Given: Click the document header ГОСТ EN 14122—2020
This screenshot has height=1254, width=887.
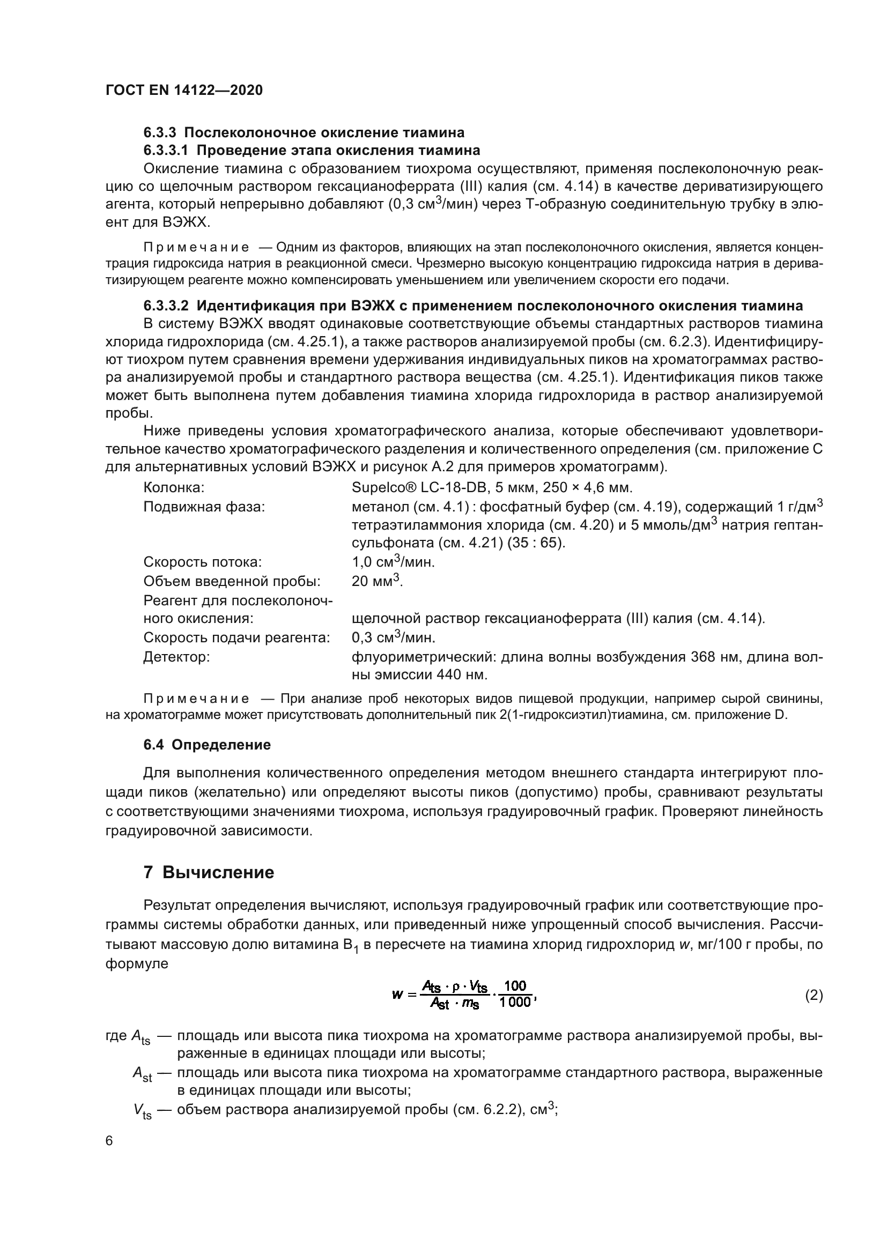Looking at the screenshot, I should point(183,91).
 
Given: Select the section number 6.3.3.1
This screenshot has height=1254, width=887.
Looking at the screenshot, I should point(166,150).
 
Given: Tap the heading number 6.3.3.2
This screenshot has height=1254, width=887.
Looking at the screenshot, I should point(166,305).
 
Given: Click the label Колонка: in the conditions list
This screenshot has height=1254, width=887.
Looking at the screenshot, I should point(174,488).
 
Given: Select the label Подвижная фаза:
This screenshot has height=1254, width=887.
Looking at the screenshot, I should point(204,507).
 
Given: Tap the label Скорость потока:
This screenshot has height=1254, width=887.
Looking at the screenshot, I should point(202,562).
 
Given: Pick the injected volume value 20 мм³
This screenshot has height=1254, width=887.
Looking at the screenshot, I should point(376,581).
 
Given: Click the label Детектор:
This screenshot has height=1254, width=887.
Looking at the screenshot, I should point(176,657).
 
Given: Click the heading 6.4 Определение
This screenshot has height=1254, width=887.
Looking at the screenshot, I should point(207,745).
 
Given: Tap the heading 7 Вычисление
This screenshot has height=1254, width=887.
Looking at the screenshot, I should point(209,872).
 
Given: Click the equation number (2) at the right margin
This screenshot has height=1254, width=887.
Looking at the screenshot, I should point(814,995).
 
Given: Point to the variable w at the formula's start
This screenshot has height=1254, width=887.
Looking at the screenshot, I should point(397,995).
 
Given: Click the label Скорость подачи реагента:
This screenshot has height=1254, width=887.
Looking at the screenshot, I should point(236,638).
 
